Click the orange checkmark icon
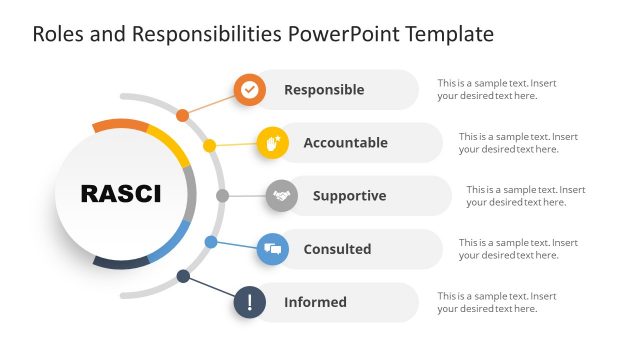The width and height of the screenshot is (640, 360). pyautogui.click(x=250, y=90)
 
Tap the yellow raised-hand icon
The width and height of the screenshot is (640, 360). pyautogui.click(x=273, y=143)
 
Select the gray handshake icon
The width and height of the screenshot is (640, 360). pyautogui.click(x=282, y=196)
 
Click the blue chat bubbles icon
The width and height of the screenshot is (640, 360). pyautogui.click(x=273, y=249)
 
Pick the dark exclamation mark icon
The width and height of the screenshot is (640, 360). pyautogui.click(x=250, y=302)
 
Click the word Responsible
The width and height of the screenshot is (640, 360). pyautogui.click(x=324, y=90)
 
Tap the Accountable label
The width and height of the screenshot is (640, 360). pyautogui.click(x=345, y=143)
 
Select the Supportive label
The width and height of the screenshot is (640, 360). pyautogui.click(x=349, y=196)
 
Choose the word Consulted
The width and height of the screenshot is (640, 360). pyautogui.click(x=337, y=249)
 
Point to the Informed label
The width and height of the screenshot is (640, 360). pyautogui.click(x=315, y=302)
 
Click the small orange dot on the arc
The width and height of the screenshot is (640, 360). pyautogui.click(x=182, y=116)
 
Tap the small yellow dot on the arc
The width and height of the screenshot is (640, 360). pyautogui.click(x=209, y=146)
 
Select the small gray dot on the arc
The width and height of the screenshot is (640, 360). pyautogui.click(x=222, y=195)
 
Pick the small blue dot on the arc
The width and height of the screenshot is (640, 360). pyautogui.click(x=210, y=242)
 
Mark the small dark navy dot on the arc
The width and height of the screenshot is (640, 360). pyautogui.click(x=183, y=276)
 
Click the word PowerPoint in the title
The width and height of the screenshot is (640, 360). pyautogui.click(x=334, y=34)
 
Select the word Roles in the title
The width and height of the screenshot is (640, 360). pyautogui.click(x=56, y=34)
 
